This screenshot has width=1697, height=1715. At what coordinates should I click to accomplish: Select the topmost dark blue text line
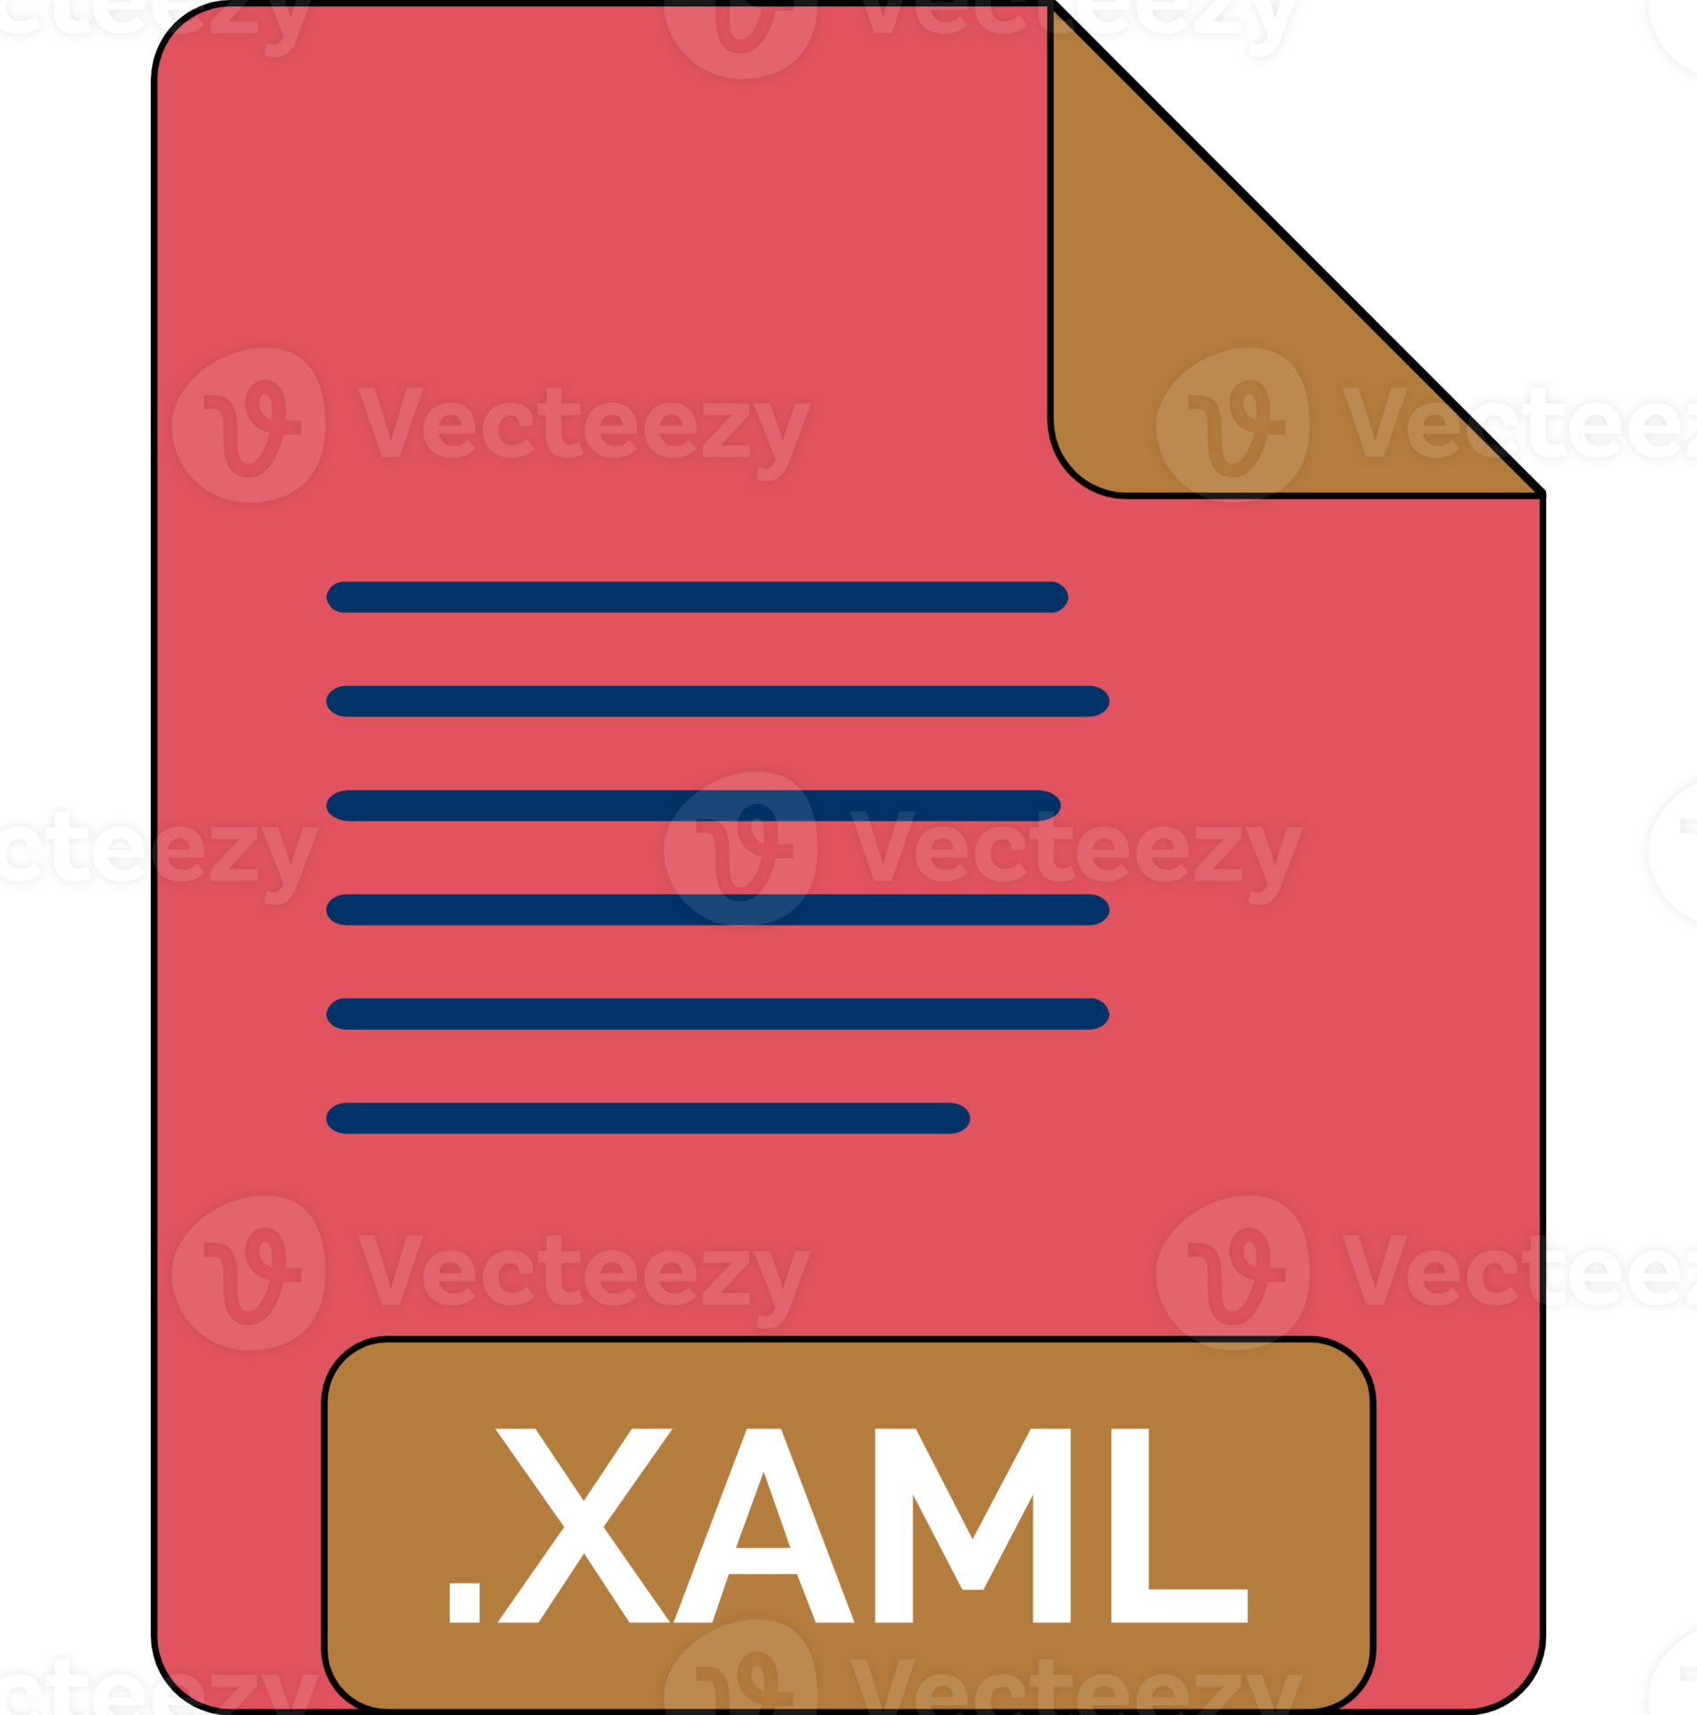(x=697, y=597)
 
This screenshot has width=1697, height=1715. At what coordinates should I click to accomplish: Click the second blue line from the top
(x=717, y=701)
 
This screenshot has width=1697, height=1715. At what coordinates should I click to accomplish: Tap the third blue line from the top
(x=693, y=805)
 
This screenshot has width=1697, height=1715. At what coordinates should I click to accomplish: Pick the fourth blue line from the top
(x=717, y=909)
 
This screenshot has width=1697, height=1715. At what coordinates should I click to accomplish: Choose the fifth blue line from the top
(x=717, y=1014)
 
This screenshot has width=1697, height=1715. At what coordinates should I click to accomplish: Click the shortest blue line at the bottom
(x=648, y=1118)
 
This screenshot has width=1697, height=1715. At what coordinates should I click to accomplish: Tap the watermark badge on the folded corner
(x=1233, y=424)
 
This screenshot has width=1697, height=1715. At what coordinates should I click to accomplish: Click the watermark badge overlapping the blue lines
(x=740, y=849)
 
